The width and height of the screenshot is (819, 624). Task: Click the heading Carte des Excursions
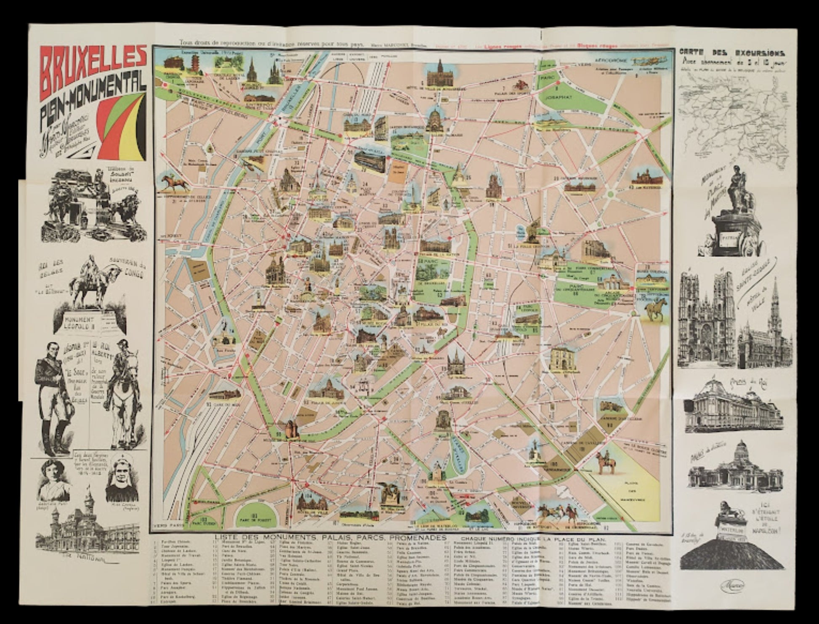pyautogui.click(x=731, y=53)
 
